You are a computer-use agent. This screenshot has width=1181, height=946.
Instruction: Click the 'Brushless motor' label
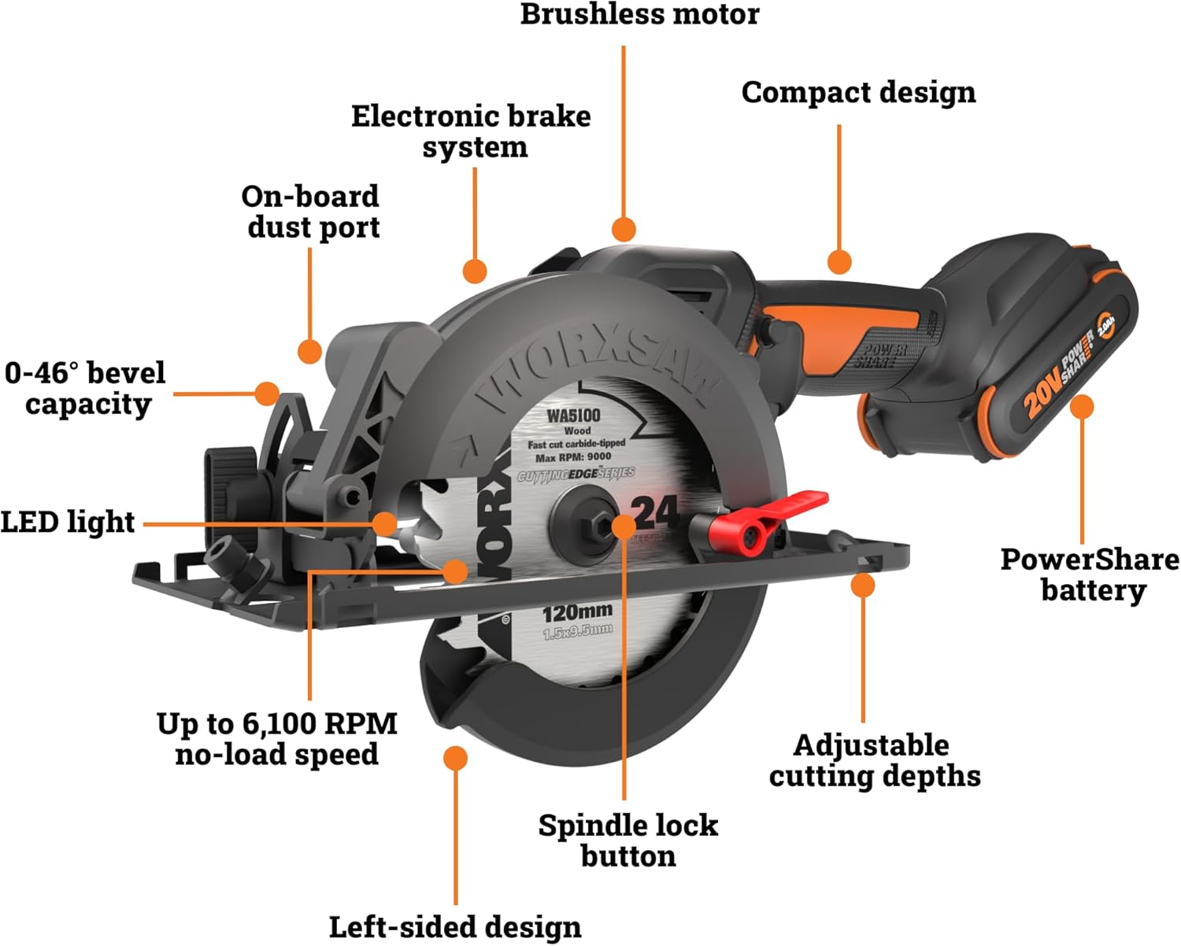(639, 14)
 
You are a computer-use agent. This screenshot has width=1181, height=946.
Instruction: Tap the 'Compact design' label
(858, 92)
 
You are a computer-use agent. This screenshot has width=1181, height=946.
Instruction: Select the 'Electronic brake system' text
(472, 131)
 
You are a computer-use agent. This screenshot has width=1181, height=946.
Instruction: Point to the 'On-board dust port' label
(311, 212)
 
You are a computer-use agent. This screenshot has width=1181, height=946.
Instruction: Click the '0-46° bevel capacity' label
(85, 388)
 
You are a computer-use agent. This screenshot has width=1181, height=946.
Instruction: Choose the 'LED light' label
(68, 522)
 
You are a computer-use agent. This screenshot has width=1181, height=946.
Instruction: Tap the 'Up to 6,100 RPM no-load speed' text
(276, 738)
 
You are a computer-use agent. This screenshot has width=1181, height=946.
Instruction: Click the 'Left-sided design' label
(455, 926)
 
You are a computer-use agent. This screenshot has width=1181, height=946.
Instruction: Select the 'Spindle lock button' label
(628, 840)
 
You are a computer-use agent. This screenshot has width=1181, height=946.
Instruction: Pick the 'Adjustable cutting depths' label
(875, 760)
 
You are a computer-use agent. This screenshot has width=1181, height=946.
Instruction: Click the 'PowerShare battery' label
(1090, 575)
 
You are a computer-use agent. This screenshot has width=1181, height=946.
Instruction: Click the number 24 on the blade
(656, 513)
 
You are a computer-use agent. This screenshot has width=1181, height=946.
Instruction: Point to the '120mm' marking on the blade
(578, 612)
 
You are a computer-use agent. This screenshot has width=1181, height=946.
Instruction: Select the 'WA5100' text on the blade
(573, 416)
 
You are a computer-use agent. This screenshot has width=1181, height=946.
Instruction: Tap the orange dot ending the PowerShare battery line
(1083, 407)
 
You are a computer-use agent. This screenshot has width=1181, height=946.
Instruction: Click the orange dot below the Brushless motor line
(624, 229)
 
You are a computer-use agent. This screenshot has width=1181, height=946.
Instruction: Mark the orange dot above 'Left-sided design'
(455, 758)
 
